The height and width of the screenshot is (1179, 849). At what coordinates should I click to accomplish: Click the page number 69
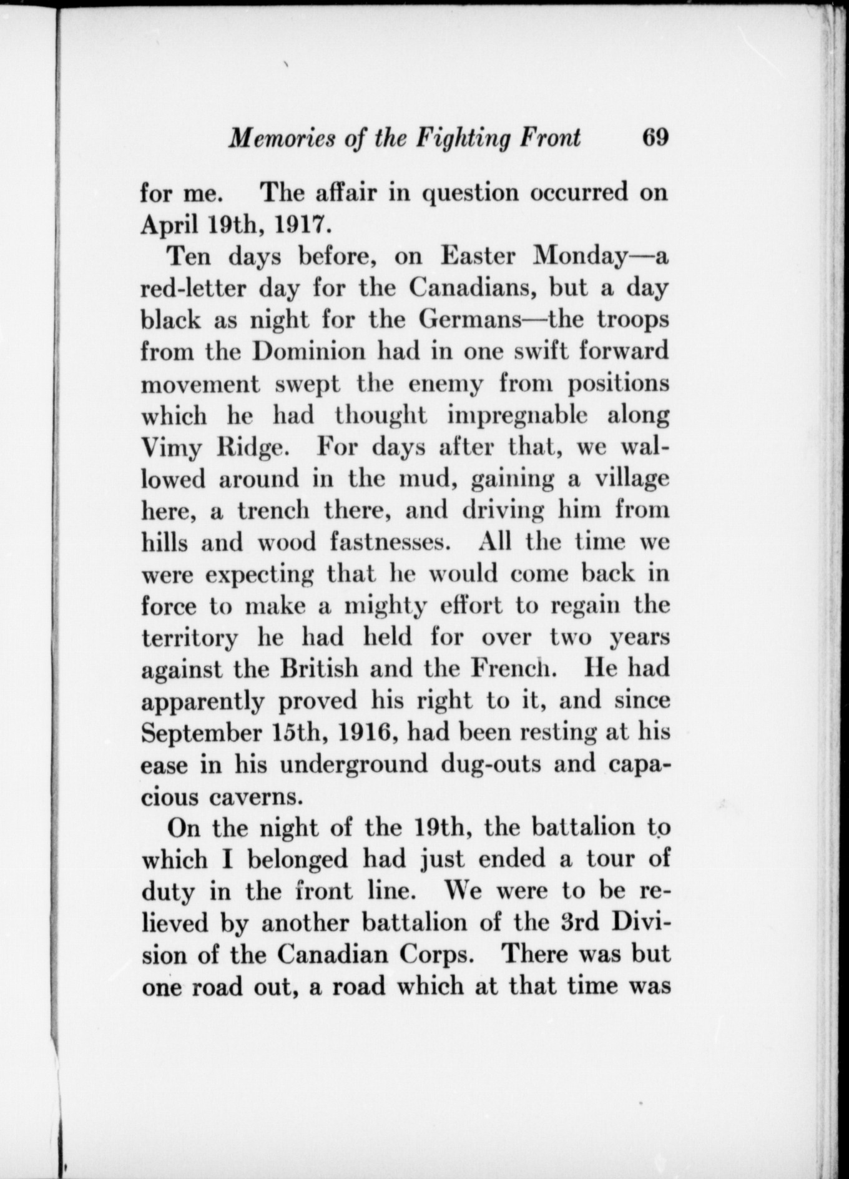[x=655, y=137]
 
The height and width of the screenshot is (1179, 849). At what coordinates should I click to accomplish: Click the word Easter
[x=478, y=256]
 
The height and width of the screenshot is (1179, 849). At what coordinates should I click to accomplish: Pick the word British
[x=318, y=669]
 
